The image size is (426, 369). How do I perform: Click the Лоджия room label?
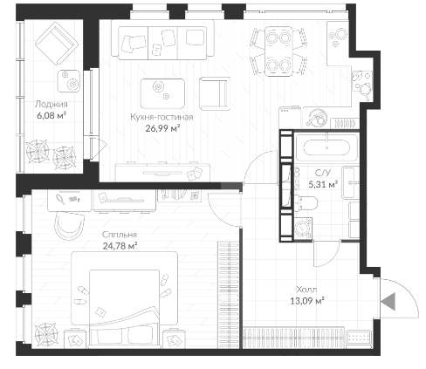(52, 104)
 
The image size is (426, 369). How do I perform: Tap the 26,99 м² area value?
(162, 128)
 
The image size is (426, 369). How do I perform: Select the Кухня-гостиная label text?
(161, 117)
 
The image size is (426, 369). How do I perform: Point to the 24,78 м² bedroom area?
(120, 246)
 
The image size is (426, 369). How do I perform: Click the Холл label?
(306, 290)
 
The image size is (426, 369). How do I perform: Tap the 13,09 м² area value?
(307, 301)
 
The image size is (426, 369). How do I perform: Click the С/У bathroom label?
(323, 173)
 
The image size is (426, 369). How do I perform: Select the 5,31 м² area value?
(323, 184)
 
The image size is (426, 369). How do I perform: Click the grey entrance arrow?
(388, 301)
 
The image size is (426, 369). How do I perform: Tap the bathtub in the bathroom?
(326, 147)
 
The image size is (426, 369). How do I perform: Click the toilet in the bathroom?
(306, 202)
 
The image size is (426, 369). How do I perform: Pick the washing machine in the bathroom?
(303, 229)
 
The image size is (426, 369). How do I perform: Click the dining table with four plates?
(278, 51)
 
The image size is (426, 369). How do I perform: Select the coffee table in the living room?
(162, 93)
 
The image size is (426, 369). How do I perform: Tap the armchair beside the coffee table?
(215, 93)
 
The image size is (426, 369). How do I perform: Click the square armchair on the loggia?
(57, 43)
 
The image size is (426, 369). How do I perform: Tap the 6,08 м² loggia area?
(52, 115)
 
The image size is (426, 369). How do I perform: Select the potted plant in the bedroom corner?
(45, 334)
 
